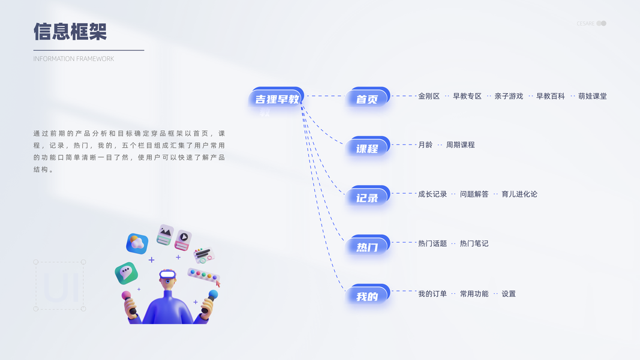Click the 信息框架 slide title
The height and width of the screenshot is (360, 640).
point(70,32)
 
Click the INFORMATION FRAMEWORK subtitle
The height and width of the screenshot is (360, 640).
point(74,59)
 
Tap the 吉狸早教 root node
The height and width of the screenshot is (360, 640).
point(277,99)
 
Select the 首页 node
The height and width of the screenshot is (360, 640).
point(367,99)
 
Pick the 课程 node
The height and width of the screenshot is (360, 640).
point(367,148)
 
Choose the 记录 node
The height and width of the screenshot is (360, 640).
point(367,197)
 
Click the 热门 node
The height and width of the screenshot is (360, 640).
point(367,247)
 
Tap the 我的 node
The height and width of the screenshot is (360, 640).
point(367,296)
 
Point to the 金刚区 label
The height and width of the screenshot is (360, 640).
point(429,96)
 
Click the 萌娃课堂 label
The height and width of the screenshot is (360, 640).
point(593,96)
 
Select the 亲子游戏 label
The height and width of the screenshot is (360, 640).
point(509,96)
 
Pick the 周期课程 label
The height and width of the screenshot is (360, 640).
point(460,145)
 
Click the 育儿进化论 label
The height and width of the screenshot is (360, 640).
point(519,194)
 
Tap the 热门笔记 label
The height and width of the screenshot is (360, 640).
point(474,244)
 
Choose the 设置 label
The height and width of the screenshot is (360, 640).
point(509,294)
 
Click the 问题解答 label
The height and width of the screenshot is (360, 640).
point(474,194)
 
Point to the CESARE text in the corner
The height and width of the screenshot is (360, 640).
point(585,23)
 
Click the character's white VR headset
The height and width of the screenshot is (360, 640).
point(167,274)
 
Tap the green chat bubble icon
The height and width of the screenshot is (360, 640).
point(126,273)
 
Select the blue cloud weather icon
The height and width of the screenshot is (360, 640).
point(137,243)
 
